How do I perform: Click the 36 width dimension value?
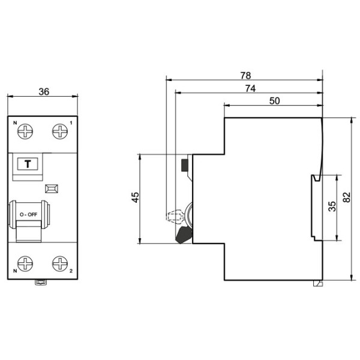43,92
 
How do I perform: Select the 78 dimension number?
245,76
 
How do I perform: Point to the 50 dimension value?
274,101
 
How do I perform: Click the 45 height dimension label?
136,198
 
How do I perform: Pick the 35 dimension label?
332,206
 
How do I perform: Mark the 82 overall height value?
346,198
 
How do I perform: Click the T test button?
27,164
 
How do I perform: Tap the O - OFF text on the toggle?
28,214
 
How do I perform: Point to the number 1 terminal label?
72,123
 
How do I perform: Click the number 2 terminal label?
72,272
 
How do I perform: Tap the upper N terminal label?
15,123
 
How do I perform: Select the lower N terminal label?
15,272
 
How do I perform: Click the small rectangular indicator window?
52,188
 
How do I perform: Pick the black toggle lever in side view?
183,233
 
